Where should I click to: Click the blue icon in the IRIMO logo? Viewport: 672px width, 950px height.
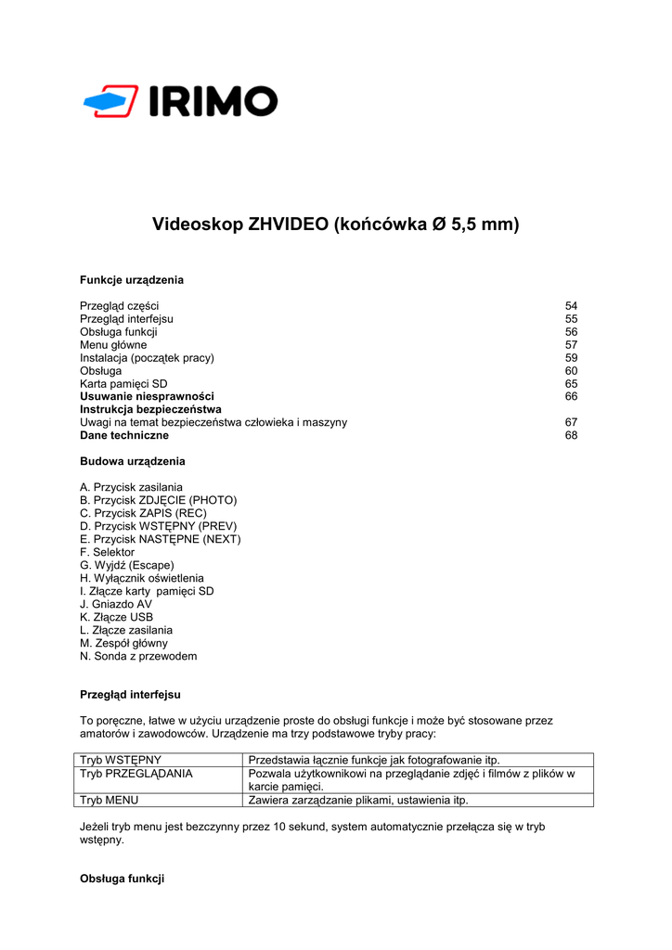point(110,101)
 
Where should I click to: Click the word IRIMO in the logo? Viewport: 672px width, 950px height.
point(213,101)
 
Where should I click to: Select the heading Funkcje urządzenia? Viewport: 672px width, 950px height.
point(132,279)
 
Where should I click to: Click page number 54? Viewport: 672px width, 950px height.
point(571,305)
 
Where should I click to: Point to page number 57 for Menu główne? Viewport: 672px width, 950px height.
point(571,344)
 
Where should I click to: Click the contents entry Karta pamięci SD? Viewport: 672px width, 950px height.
point(123,383)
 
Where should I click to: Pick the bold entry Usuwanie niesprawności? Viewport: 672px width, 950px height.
point(147,396)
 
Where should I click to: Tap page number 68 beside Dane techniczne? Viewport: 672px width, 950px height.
point(571,435)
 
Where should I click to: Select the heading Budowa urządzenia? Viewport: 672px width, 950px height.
point(133,461)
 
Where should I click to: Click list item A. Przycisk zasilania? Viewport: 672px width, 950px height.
point(131,487)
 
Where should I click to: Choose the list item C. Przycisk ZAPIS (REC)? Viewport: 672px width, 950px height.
point(143,513)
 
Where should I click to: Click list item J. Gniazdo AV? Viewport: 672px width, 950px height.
point(115,604)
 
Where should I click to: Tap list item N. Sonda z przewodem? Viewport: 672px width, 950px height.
point(138,656)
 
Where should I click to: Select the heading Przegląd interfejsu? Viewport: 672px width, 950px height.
point(130,694)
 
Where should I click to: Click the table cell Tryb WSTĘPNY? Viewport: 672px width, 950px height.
point(121,760)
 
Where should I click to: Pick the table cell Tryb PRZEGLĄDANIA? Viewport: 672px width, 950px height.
point(136,773)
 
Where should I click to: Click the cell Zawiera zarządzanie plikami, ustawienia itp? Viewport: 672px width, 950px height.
point(358,800)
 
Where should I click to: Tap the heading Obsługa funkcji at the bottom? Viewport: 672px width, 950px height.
point(122,879)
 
